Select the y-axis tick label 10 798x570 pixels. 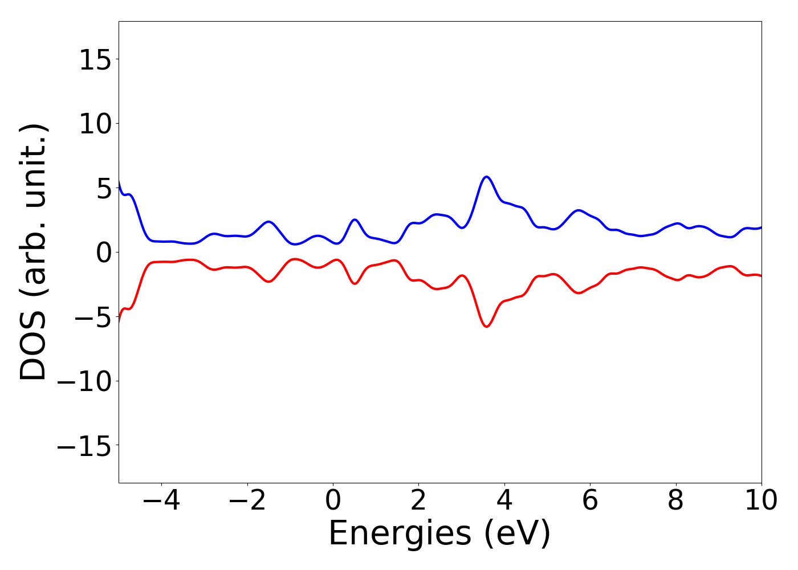[95, 124]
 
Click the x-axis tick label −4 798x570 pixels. [161, 500]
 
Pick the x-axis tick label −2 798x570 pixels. [247, 500]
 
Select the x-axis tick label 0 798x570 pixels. [333, 500]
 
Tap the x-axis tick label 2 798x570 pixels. [418, 500]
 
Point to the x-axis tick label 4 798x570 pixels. [504, 500]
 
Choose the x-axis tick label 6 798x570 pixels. [590, 500]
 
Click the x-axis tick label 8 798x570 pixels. [675, 500]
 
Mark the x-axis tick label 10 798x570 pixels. [761, 500]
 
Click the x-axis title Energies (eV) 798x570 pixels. [439, 534]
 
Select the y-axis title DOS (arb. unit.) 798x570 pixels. [34, 252]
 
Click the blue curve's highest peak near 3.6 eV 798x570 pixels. [486, 177]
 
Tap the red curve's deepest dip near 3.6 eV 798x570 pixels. [486, 327]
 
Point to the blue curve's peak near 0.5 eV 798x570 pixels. [355, 219]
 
